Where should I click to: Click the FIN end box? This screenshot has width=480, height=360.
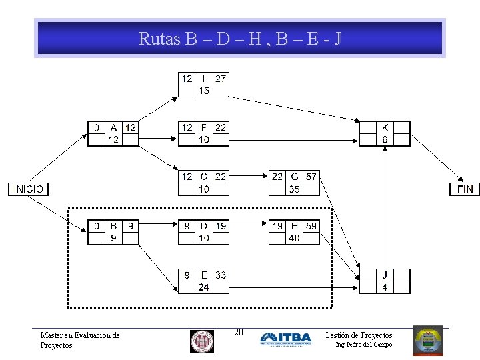coord(465,189)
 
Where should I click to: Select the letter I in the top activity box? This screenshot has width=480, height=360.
coord(203,79)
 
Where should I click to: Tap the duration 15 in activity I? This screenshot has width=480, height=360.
coord(203,91)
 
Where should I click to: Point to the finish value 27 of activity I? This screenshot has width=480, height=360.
coord(221,79)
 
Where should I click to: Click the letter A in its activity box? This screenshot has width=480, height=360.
coord(113,127)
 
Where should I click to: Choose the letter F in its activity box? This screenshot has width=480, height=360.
coord(203,127)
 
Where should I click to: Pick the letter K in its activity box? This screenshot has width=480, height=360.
coord(385,127)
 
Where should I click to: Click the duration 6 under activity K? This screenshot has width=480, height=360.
coord(385,139)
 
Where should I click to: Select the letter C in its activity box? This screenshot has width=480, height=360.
coord(203,177)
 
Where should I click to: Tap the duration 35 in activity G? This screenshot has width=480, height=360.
coord(294,189)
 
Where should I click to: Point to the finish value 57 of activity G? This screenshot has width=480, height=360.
coord(311,177)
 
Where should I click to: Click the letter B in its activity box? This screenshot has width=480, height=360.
coord(113,226)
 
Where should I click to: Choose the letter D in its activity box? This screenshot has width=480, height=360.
coord(203,226)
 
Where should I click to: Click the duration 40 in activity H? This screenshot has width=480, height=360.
coord(294,238)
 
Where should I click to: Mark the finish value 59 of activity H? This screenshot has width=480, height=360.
coord(311,226)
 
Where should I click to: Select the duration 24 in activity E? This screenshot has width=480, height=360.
coord(203,287)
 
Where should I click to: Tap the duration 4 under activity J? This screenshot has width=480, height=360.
coord(385,287)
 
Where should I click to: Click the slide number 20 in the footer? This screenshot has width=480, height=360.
coord(239,333)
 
